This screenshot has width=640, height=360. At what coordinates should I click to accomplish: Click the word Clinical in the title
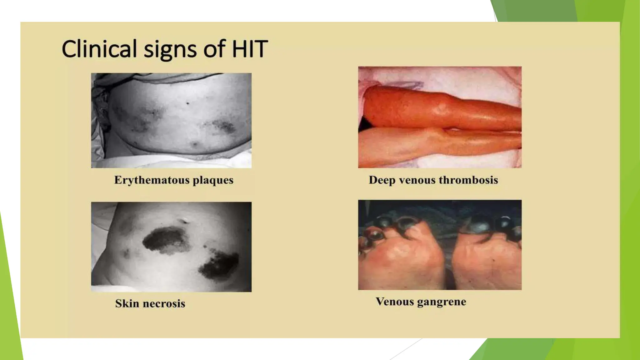click(99, 49)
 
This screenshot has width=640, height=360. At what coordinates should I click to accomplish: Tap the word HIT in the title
click(250, 49)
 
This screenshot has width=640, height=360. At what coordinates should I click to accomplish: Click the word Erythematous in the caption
click(152, 180)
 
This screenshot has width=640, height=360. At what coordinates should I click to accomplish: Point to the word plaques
click(213, 181)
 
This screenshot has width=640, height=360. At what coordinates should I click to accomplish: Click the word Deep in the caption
click(382, 180)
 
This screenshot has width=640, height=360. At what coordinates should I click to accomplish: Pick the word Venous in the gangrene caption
click(394, 302)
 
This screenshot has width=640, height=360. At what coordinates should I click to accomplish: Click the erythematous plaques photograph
click(171, 120)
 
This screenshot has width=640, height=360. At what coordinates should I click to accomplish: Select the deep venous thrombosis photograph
click(440, 117)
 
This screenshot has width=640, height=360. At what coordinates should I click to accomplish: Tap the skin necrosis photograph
click(171, 247)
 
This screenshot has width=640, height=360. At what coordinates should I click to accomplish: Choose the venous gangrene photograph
click(440, 245)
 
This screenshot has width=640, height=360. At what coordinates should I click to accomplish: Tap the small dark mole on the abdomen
click(187, 103)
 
